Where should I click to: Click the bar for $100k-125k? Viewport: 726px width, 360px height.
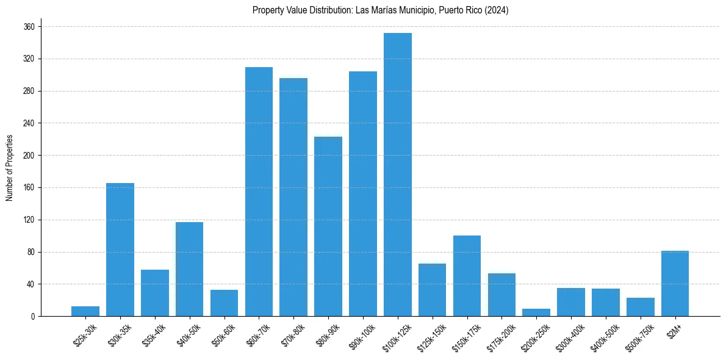[x=398, y=175]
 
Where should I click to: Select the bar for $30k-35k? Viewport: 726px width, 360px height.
[x=120, y=250]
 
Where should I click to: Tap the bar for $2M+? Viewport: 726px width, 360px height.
[x=675, y=284]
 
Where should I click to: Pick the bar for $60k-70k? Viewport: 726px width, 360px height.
[x=259, y=192]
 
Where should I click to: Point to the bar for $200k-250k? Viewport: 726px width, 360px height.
[x=536, y=312]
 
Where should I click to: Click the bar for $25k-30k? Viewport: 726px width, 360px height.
[x=85, y=311]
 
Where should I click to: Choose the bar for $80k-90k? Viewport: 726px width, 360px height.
[x=328, y=226]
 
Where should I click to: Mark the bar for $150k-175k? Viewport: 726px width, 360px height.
[x=467, y=276]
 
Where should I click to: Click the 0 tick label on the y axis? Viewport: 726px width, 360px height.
[x=34, y=316]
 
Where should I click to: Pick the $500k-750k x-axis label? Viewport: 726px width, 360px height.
[x=639, y=336]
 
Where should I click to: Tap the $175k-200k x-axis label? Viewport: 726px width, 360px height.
[x=500, y=336]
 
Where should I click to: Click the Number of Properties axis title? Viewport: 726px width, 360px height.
[x=9, y=167]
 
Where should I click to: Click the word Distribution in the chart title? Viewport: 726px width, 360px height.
[x=331, y=10]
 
